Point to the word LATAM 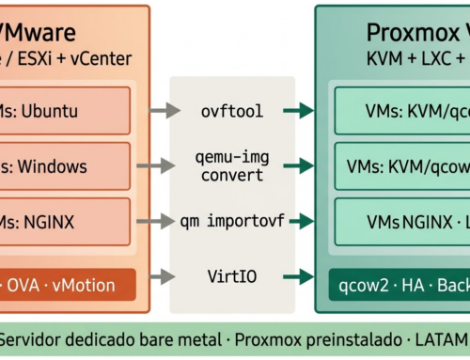[443, 337]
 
